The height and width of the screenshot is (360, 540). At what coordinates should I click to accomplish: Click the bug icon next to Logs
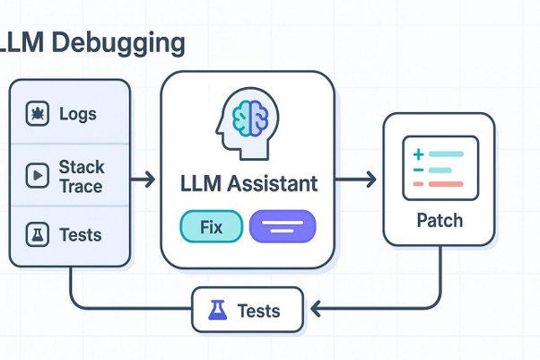point(37,113)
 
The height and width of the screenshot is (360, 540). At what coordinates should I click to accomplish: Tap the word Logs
point(78,114)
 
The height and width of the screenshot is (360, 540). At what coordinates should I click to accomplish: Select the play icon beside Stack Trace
point(37,176)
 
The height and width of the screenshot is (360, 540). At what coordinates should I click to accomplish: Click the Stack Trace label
point(82,177)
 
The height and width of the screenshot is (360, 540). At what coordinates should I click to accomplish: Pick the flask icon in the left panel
point(37,234)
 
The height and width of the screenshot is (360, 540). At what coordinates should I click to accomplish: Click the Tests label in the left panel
point(81,235)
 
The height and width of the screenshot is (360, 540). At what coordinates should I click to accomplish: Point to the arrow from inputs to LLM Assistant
point(143,180)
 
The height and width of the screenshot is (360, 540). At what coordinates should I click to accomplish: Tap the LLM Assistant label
point(248,183)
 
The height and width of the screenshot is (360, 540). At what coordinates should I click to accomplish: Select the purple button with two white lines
point(283,226)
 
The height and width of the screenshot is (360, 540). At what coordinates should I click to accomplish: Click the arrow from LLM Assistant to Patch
point(355,180)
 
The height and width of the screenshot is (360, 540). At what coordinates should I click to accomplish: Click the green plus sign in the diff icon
point(418,154)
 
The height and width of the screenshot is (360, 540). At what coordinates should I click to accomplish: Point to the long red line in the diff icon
point(446,184)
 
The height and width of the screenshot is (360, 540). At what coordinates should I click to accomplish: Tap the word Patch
point(440,220)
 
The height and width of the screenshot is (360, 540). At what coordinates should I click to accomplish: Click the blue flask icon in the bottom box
point(218,310)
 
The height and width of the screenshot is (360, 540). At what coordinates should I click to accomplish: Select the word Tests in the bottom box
point(258,311)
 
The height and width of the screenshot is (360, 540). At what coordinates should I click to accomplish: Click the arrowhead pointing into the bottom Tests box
point(316,308)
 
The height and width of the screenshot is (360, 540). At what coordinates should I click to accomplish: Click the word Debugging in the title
point(118,44)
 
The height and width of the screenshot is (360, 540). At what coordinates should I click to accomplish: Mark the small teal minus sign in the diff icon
point(418,170)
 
